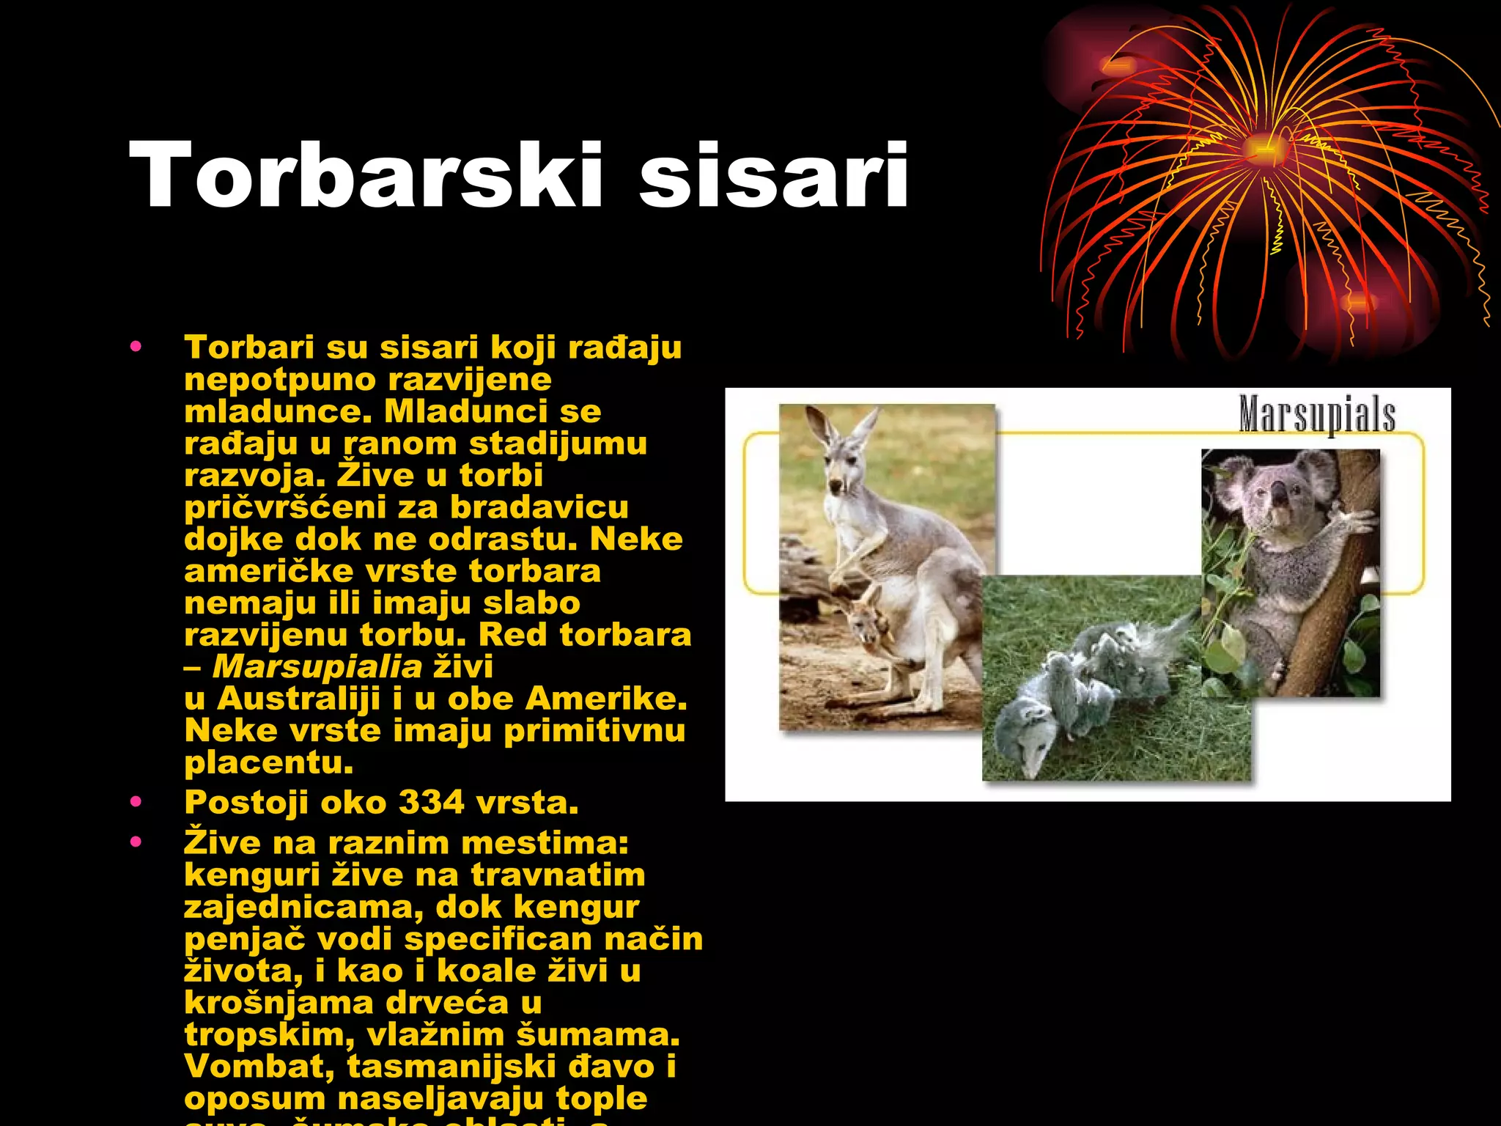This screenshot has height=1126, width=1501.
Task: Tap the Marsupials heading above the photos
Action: tap(1317, 414)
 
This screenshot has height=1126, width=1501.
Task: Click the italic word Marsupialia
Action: tap(317, 666)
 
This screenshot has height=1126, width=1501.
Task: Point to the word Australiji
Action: tap(298, 698)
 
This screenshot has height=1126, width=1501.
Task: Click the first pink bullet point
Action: tap(136, 347)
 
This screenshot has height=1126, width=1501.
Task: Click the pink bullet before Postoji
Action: tap(136, 802)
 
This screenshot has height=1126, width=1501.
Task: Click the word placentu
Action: tap(269, 762)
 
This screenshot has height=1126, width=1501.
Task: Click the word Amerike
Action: tap(606, 698)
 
